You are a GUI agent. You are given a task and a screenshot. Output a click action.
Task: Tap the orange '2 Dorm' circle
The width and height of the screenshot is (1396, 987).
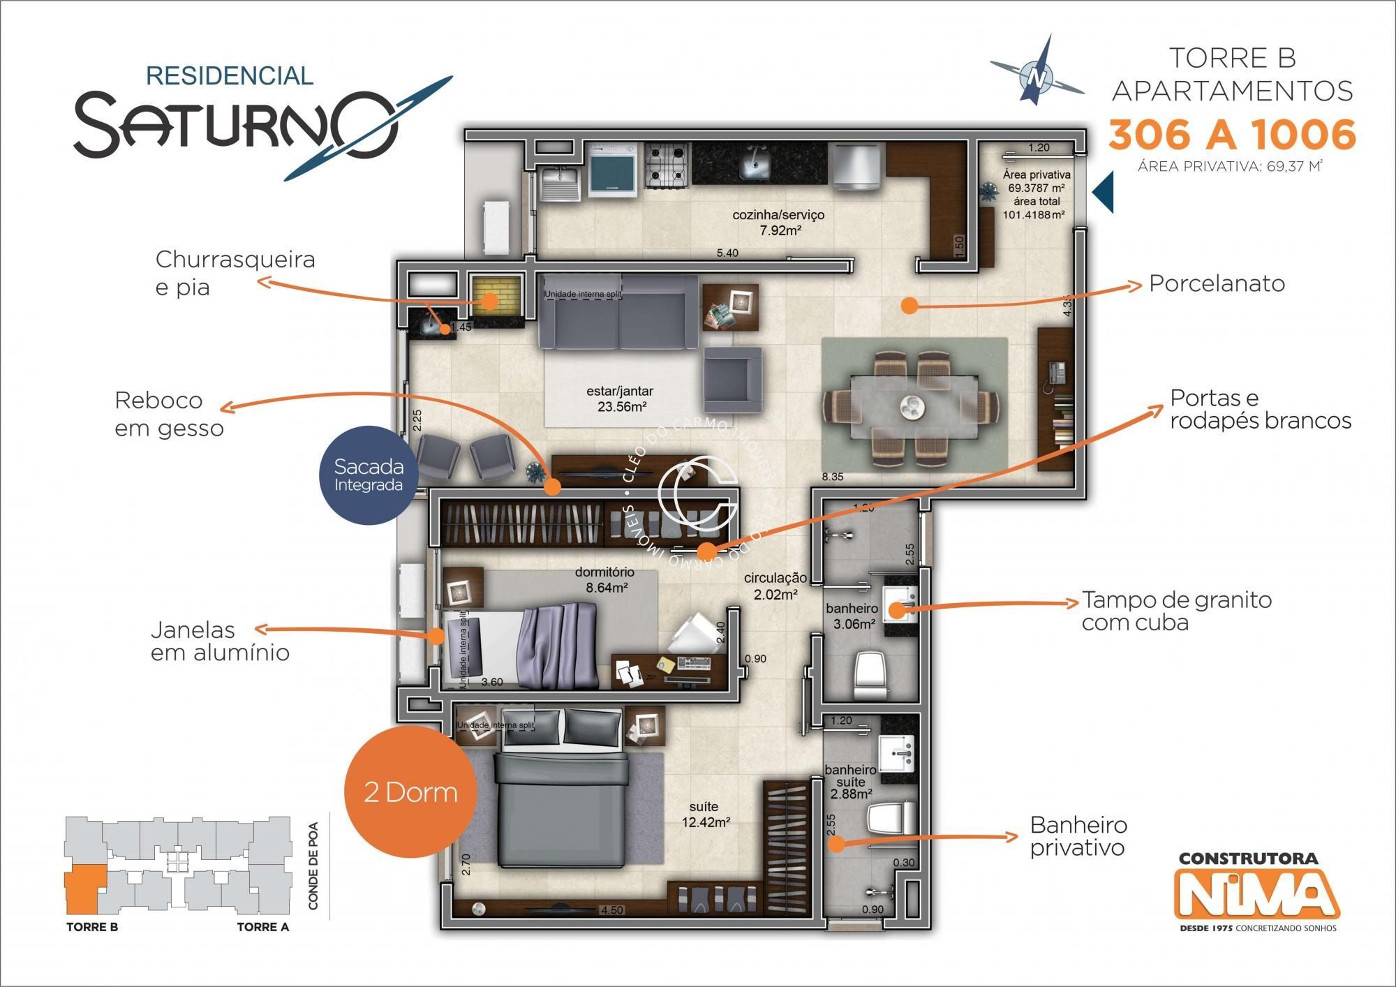click(410, 792)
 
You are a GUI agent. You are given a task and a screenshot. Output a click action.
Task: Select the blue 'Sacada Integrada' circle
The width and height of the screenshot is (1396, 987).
click(369, 475)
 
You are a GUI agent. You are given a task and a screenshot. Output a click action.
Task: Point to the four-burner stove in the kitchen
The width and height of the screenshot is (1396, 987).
click(667, 165)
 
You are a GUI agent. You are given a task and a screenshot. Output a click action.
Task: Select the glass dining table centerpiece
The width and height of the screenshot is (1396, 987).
click(911, 406)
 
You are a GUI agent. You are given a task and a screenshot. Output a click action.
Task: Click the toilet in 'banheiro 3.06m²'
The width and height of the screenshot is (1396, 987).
click(870, 674)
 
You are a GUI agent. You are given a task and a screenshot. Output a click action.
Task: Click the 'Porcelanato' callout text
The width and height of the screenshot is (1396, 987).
click(1217, 283)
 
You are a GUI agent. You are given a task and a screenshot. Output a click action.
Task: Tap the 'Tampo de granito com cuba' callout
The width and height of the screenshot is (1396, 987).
click(1176, 611)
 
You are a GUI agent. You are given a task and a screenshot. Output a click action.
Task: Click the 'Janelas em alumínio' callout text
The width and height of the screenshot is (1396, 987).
click(220, 641)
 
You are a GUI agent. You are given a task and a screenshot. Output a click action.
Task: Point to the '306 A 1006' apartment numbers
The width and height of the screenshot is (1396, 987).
click(1232, 134)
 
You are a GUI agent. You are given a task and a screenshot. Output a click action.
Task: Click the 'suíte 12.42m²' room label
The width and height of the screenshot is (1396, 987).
click(706, 815)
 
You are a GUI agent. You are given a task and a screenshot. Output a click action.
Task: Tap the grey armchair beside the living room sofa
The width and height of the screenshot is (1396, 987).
click(732, 380)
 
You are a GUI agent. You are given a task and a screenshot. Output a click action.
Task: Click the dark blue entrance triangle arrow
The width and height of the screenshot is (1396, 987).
click(1103, 192)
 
